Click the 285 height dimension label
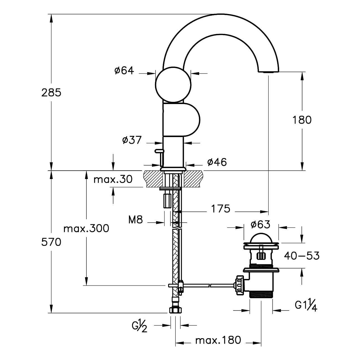[x=51, y=92]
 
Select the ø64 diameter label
[x=124, y=70]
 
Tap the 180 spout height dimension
[x=302, y=120]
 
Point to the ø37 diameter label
[x=132, y=140]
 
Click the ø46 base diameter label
[x=217, y=162]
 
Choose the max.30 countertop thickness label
[x=113, y=179]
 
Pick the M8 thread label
[x=136, y=220]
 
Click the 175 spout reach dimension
[x=220, y=209]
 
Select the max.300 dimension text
[x=86, y=229]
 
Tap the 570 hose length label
[x=51, y=242]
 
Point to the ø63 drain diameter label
[x=260, y=224]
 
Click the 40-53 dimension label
[x=302, y=256]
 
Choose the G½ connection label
[x=140, y=326]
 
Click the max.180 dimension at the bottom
[x=218, y=340]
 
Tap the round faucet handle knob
[x=173, y=85]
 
